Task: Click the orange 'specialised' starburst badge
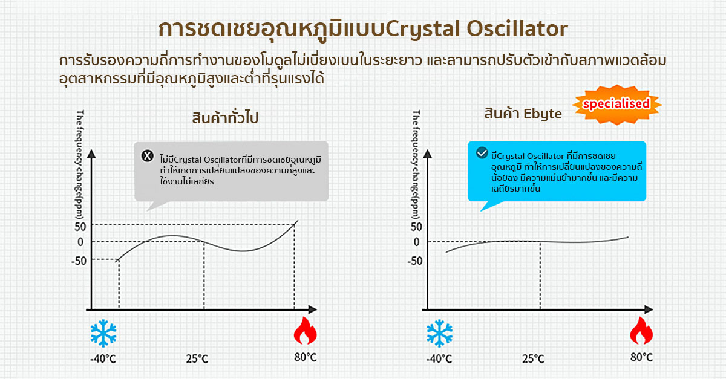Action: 616,105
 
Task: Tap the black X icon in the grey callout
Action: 148,156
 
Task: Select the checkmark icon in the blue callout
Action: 482,152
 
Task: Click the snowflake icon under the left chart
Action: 103,333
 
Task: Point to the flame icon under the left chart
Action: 305,331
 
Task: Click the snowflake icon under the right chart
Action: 439,333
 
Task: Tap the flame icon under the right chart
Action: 641,331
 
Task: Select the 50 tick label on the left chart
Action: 80,227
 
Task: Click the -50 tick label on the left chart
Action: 79,261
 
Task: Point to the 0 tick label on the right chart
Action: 416,242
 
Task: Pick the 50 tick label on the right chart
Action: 416,227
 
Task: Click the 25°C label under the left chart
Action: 197,358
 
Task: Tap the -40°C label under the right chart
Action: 439,359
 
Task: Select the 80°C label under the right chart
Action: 641,357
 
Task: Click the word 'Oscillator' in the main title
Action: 517,28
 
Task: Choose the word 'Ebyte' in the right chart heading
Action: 543,114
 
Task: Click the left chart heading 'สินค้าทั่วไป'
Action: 225,118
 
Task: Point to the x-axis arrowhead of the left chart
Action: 312,309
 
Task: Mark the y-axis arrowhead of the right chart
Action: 428,154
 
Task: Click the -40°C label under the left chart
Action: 103,359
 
